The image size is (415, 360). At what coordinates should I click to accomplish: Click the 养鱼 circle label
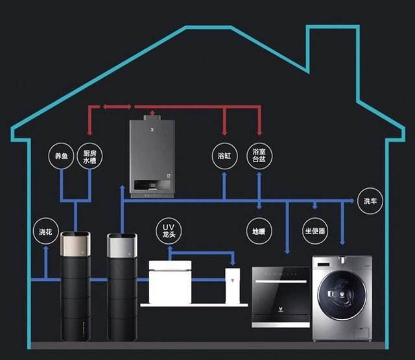(x=61, y=156)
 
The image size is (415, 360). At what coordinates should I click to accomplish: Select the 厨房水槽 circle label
(x=89, y=156)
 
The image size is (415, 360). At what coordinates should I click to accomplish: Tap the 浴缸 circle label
(x=225, y=156)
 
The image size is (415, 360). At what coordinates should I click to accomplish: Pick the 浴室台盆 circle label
(x=259, y=156)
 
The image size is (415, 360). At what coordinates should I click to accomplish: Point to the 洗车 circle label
(x=370, y=200)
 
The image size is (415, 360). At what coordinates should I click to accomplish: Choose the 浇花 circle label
(x=46, y=232)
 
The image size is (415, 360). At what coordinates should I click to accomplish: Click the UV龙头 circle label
(x=169, y=230)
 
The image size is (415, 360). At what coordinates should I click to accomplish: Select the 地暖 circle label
(x=259, y=231)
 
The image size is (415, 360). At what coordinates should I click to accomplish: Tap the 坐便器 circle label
(x=315, y=231)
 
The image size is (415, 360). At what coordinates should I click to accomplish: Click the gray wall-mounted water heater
(x=152, y=157)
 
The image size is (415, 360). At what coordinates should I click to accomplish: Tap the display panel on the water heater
(x=152, y=185)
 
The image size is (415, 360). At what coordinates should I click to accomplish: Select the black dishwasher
(x=281, y=297)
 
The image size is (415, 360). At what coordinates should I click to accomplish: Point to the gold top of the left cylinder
(x=75, y=244)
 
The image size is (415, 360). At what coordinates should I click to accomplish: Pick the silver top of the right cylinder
(x=122, y=245)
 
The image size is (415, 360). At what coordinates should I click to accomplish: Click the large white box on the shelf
(x=170, y=282)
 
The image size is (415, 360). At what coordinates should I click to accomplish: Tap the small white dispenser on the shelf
(x=233, y=286)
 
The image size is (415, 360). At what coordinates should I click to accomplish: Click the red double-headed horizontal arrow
(x=117, y=106)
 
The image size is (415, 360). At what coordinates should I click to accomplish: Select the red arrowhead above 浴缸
(x=224, y=132)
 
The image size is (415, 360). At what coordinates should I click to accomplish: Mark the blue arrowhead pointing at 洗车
(x=352, y=200)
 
